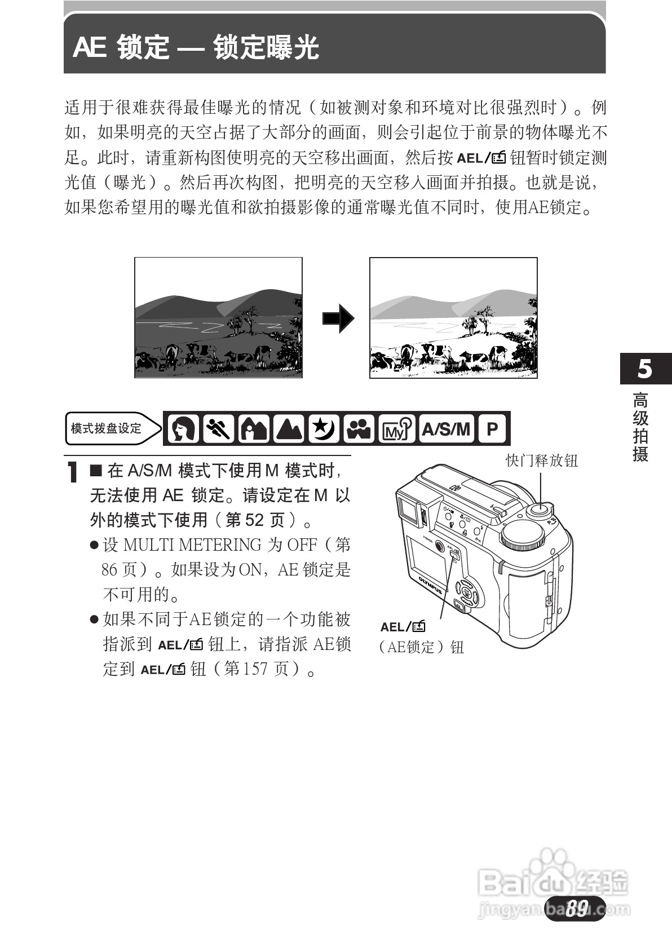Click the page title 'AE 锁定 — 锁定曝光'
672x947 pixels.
point(196,47)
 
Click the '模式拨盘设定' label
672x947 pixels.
point(107,428)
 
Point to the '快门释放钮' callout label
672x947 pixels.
point(542,461)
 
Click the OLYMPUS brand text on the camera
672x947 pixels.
point(431,586)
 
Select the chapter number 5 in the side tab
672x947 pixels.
point(645,369)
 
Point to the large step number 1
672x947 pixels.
point(72,472)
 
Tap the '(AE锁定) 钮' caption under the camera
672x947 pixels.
point(421,647)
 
